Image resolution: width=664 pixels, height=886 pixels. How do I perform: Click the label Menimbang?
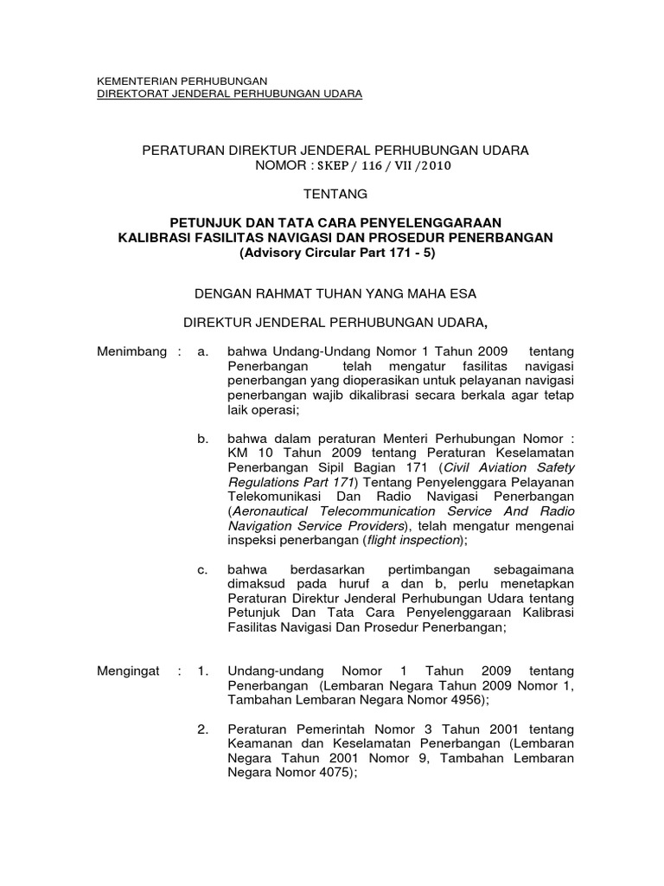129,352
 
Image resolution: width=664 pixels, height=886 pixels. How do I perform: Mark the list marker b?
203,440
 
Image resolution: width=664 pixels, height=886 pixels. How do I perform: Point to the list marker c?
203,569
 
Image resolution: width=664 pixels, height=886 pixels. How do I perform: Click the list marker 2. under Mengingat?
203,730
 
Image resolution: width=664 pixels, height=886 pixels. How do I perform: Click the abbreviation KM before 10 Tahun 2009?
236,453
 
